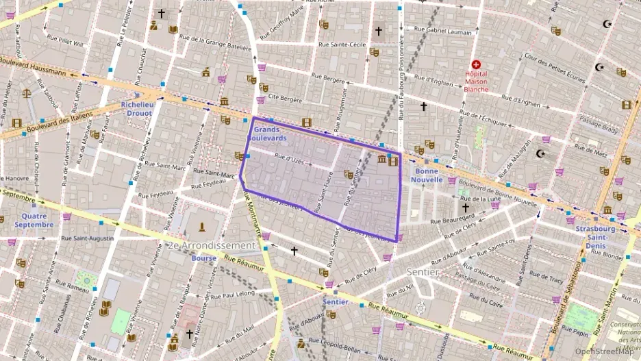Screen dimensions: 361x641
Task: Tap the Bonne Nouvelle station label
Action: [x=429, y=175]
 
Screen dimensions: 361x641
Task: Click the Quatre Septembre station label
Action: [x=33, y=220]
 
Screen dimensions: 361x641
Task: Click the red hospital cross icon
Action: [x=476, y=64]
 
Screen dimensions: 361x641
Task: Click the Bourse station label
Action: [x=204, y=258]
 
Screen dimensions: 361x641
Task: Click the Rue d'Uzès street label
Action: [x=288, y=160]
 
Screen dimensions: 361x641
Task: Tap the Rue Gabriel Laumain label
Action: [x=443, y=31]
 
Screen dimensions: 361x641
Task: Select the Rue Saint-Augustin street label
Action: [x=88, y=238]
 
